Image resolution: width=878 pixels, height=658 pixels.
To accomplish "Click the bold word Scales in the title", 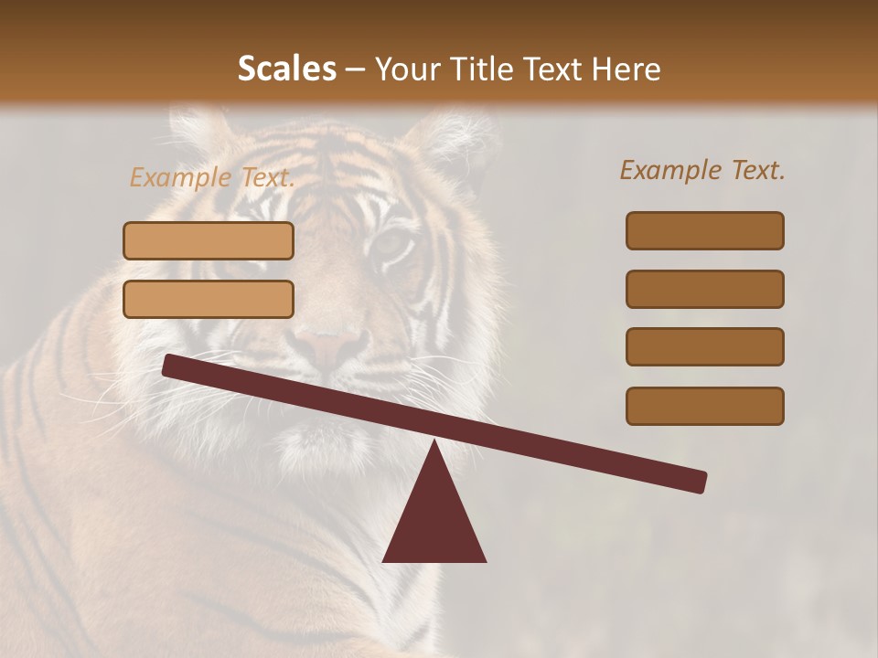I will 286,69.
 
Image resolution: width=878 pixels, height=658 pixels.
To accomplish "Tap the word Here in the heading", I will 626,69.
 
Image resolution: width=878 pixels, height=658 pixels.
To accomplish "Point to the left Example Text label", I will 211,177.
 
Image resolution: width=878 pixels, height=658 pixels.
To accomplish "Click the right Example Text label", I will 702,170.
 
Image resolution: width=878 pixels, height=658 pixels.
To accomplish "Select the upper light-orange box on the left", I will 209,240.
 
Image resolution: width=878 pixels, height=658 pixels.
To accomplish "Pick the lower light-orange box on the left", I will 209,299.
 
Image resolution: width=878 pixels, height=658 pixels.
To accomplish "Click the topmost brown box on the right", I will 704,230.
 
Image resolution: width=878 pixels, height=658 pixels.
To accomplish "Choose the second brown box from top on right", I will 704,289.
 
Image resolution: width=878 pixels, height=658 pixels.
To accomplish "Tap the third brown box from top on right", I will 704,346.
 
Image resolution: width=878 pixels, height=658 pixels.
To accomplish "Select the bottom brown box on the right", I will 704,406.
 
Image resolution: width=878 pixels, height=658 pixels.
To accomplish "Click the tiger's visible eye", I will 391,243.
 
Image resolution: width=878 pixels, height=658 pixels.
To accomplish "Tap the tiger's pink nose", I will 329,345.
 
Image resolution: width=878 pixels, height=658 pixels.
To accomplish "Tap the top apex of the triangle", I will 434,443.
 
